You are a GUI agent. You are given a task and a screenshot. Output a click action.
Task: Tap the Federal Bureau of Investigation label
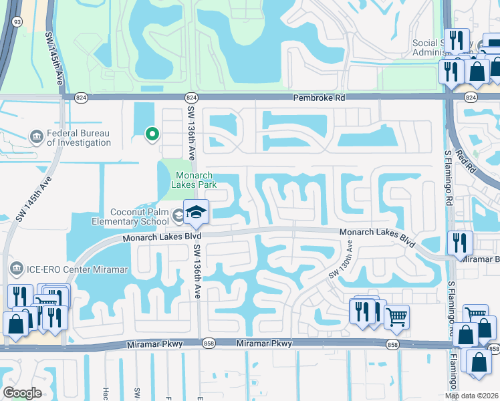[x=79, y=137]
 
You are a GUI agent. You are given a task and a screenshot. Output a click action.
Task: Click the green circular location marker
[x=152, y=134]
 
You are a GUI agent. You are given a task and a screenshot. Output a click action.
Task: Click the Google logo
[x=22, y=393]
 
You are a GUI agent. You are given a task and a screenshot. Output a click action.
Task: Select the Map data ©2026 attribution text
[x=472, y=396]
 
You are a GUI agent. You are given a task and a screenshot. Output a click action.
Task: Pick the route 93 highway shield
[x=16, y=21]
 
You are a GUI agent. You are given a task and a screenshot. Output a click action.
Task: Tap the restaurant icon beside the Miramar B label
[x=461, y=243]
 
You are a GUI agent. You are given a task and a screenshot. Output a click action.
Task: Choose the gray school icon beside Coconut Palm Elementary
[x=178, y=215]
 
